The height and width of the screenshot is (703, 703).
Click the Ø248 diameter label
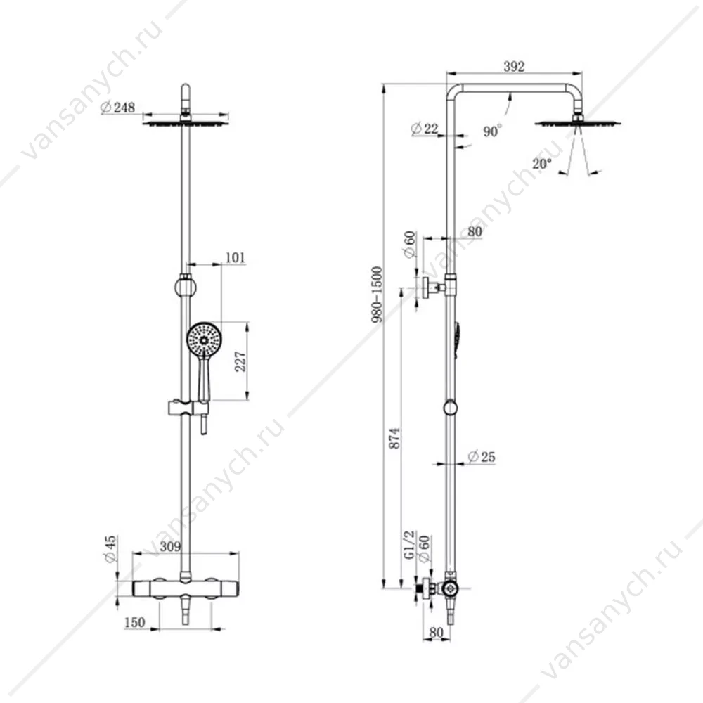(x=118, y=108)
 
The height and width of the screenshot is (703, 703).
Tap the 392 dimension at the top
(x=514, y=66)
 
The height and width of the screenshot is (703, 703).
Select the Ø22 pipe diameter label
(x=425, y=129)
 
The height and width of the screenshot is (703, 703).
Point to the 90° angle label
(x=492, y=131)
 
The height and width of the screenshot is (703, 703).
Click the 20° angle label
(x=541, y=164)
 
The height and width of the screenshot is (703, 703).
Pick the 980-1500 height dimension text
(x=377, y=294)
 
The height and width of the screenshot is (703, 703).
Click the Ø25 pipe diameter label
(x=482, y=457)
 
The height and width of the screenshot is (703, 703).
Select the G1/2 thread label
(x=409, y=546)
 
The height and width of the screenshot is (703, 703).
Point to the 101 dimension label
(x=236, y=257)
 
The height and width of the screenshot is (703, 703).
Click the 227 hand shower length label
(x=240, y=361)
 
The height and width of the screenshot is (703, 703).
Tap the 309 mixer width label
(x=170, y=546)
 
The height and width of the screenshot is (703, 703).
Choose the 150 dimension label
(x=134, y=622)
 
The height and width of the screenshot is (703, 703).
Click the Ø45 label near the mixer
(x=110, y=549)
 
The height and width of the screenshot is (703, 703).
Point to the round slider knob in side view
(x=450, y=408)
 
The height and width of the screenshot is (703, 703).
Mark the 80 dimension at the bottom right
(x=436, y=633)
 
